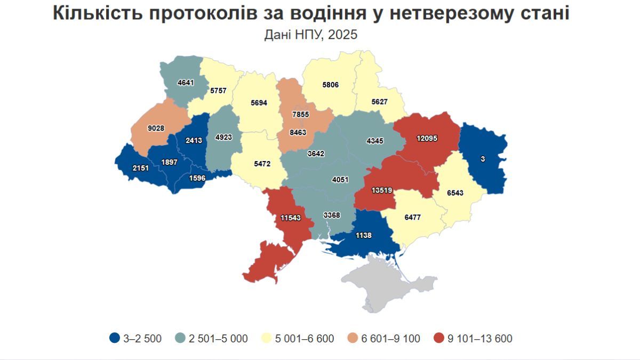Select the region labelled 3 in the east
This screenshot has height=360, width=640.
(x=483, y=159)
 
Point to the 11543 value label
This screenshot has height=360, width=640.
(x=291, y=218)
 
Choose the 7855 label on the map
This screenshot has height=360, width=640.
(x=300, y=115)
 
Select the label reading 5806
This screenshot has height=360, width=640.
(x=330, y=84)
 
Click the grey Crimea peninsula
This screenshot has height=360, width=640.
(x=373, y=283)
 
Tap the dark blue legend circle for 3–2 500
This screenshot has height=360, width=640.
(x=114, y=338)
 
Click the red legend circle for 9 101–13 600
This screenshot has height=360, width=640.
(x=439, y=338)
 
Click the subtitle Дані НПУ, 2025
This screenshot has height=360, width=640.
(x=310, y=35)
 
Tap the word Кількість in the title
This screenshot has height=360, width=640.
(x=95, y=13)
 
